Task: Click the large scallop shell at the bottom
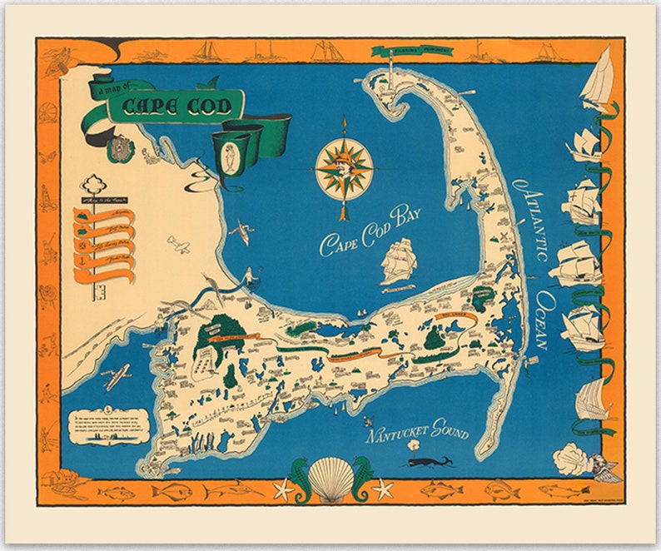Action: coord(331,481)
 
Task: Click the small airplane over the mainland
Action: coord(178,244)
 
